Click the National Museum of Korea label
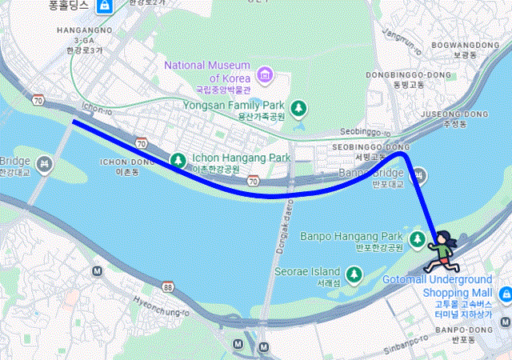208,71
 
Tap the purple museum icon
264,77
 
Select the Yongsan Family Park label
234,105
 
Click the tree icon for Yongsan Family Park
298,107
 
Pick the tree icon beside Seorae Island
354,276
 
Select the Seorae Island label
307,271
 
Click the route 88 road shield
167,286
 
